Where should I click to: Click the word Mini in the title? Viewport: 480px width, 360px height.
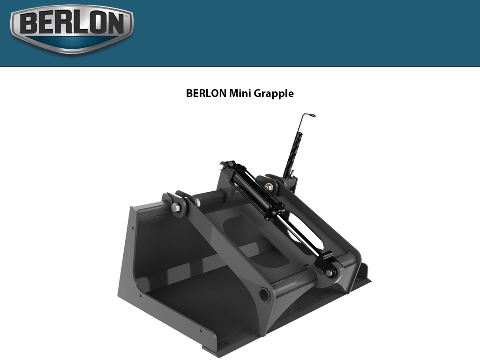240,93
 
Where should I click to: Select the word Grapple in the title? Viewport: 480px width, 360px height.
274,94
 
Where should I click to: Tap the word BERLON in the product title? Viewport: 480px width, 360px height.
206,93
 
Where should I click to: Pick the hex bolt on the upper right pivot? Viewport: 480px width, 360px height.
270,187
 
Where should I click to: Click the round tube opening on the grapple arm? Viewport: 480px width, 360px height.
265,295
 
